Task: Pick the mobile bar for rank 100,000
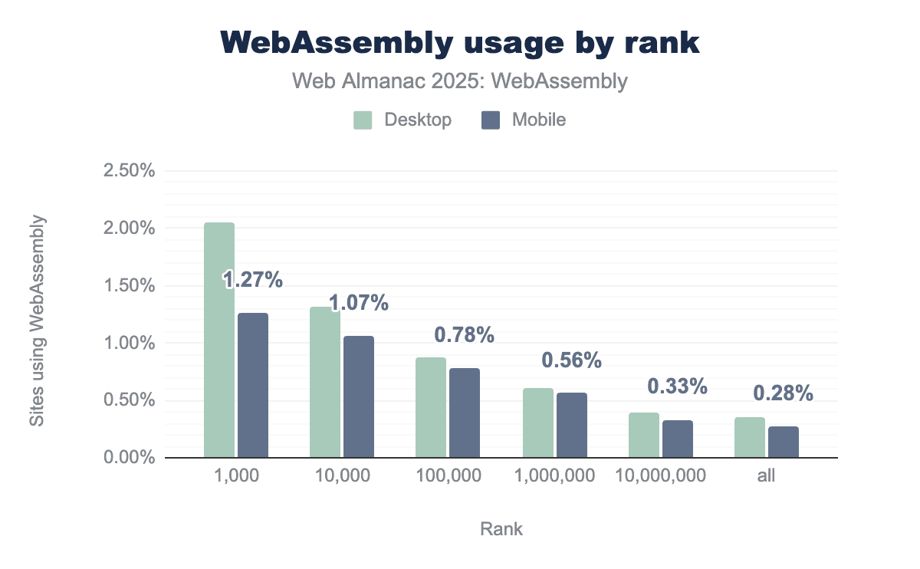tap(465, 413)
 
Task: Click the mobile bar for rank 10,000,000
tap(676, 439)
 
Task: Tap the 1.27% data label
tap(253, 281)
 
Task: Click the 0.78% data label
tap(465, 334)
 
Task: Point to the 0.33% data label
tap(676, 386)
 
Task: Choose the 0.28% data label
tap(782, 393)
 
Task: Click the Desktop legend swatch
tap(363, 120)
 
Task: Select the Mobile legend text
tap(539, 120)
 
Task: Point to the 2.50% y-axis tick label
tap(129, 170)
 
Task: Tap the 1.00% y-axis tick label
tap(129, 343)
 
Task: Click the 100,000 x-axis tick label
tap(449, 475)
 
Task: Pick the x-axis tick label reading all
tap(766, 475)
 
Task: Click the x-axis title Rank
tap(501, 529)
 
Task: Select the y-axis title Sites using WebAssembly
tap(37, 321)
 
